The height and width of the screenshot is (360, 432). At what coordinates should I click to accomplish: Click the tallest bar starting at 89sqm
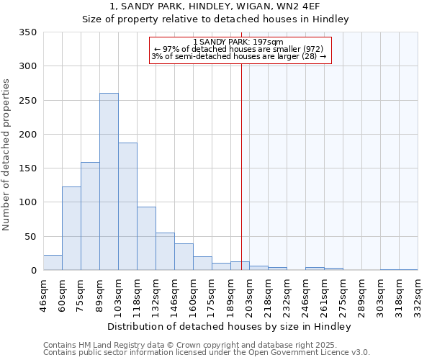109,181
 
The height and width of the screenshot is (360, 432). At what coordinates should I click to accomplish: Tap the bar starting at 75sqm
90,216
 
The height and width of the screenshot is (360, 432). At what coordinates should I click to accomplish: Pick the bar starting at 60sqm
71,228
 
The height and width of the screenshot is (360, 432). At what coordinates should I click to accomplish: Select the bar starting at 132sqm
165,251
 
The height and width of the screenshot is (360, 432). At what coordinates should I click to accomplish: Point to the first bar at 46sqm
53,263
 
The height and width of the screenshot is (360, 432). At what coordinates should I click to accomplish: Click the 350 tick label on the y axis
27,32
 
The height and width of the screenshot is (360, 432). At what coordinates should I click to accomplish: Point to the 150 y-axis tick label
27,168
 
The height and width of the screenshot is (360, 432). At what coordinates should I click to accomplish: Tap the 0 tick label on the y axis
33,271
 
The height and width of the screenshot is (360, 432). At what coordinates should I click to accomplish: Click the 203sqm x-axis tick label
249,294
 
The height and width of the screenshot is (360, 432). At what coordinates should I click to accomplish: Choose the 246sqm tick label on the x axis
305,294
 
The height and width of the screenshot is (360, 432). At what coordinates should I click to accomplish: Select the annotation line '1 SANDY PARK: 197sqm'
239,42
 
